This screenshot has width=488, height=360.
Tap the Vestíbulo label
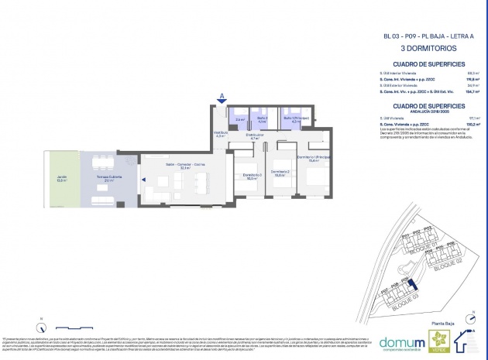[220, 134]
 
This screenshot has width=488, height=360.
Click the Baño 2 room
[262, 120]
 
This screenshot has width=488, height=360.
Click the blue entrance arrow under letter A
[222, 101]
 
